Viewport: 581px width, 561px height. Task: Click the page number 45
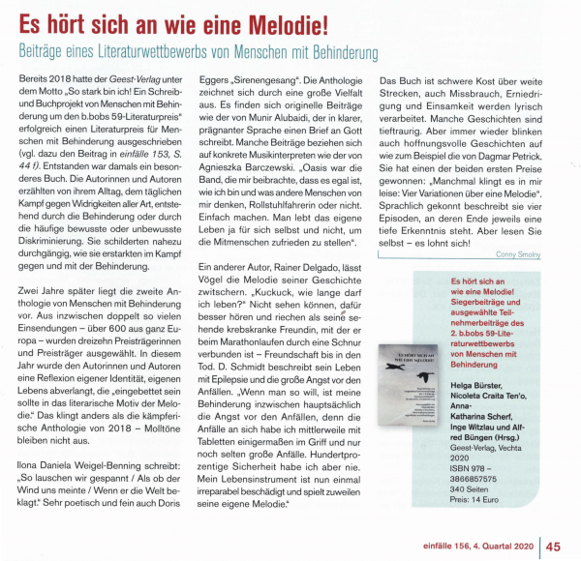click(x=555, y=545)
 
